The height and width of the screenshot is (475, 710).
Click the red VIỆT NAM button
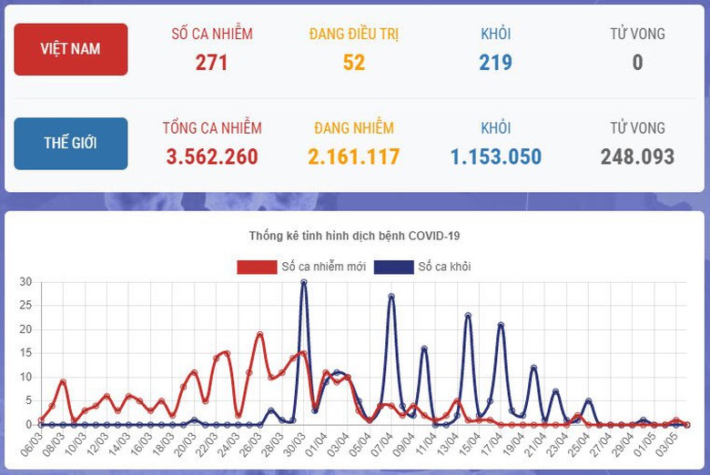(71, 49)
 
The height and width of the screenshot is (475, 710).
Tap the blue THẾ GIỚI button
(71, 144)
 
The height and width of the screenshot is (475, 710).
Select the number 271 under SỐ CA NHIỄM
(212, 62)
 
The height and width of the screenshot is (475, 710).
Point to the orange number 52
(354, 62)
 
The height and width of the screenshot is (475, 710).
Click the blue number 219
(496, 62)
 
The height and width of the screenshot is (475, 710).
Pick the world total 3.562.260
(212, 157)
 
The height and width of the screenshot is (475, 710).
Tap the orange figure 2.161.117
(354, 157)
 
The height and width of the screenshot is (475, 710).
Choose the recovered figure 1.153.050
(496, 157)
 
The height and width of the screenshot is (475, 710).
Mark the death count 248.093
(637, 157)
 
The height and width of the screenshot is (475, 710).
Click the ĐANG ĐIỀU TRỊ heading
(354, 34)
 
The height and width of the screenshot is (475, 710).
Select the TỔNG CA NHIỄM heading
(212, 128)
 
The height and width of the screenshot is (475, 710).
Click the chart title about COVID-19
(355, 236)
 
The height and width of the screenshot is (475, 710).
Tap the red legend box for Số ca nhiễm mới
(257, 268)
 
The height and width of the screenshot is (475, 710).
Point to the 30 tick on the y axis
(25, 282)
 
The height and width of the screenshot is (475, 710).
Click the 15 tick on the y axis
(25, 353)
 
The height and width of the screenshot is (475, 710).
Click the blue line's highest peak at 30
(303, 282)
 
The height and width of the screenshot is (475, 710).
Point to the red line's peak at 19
(260, 335)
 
